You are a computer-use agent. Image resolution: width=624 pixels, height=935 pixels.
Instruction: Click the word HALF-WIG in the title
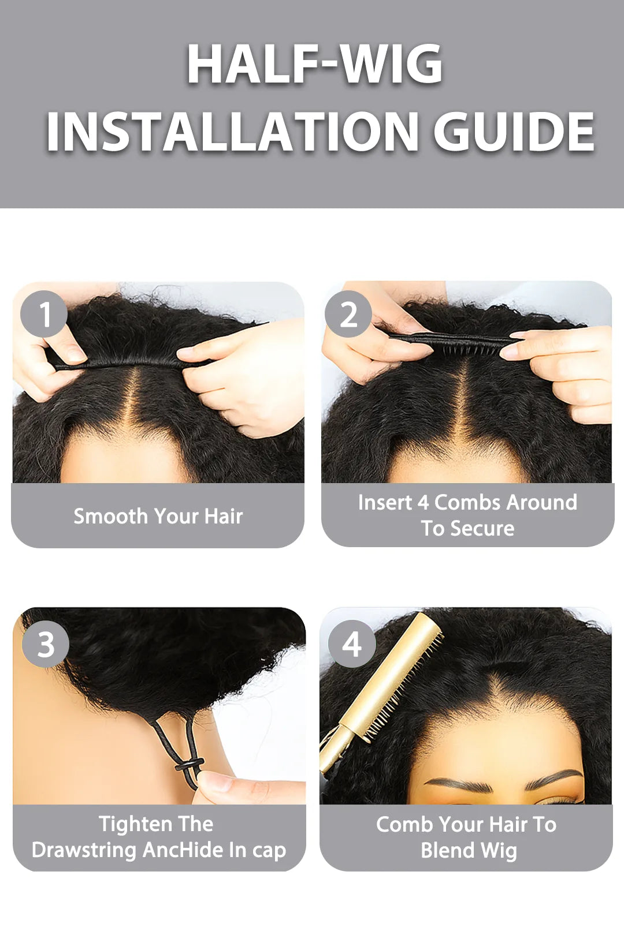tap(314, 64)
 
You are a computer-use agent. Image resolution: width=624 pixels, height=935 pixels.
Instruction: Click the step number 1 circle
tap(44, 314)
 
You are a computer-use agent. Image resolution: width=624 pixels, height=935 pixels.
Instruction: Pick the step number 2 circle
tap(348, 314)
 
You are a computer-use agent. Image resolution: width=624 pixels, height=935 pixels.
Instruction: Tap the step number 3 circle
tap(46, 644)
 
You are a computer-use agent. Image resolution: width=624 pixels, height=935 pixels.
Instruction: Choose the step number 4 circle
tap(352, 644)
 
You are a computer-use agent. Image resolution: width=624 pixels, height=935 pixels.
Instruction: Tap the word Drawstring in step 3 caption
tap(84, 850)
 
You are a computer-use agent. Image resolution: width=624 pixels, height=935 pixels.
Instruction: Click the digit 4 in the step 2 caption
tap(423, 502)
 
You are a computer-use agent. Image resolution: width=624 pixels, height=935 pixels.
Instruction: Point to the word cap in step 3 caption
tap(269, 850)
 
